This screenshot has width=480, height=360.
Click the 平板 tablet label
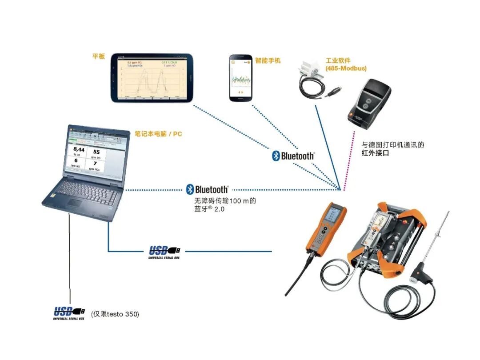98,56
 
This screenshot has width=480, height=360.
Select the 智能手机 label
268,60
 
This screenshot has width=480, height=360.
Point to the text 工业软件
338,60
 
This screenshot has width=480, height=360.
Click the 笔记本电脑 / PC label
158,133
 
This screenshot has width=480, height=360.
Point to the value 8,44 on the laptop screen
79,150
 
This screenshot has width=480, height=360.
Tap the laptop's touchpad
75,203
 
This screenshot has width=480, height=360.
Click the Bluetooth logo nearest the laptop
208,189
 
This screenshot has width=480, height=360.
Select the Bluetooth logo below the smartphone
293,156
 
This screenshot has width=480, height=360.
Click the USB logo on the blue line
164,252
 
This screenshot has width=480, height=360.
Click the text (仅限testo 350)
115,314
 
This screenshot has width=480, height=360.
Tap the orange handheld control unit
325,231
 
